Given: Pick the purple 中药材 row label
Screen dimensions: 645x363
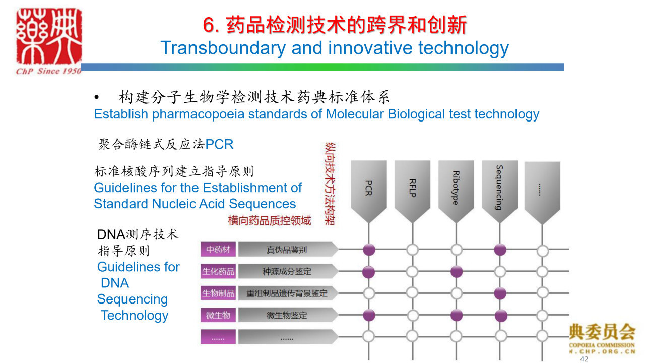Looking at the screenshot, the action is [x=218, y=249].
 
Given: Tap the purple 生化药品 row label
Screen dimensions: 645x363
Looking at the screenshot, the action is [x=218, y=271].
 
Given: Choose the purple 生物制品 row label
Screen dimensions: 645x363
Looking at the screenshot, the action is [x=218, y=293].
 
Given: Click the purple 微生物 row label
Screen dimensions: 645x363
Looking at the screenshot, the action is [x=218, y=315].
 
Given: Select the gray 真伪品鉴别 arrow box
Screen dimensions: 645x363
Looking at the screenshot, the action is [x=288, y=249].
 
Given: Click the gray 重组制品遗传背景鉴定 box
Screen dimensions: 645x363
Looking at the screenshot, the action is [x=288, y=293].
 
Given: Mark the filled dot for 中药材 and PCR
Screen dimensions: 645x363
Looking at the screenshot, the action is [x=369, y=250].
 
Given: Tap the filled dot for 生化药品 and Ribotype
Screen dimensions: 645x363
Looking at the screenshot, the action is [x=457, y=271].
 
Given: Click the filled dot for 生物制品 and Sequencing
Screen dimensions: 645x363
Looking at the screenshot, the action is [x=500, y=293].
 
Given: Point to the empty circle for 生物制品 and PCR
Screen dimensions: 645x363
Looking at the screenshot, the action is [x=369, y=293].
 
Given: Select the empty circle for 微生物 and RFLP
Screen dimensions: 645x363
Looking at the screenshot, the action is [x=413, y=316].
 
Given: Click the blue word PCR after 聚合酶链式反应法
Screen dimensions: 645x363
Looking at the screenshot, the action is [x=219, y=144].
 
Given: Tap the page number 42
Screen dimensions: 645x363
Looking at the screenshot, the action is [x=584, y=359].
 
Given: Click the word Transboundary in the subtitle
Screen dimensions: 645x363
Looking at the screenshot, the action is [x=223, y=48].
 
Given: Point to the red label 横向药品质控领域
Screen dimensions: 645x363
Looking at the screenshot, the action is [x=270, y=221].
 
